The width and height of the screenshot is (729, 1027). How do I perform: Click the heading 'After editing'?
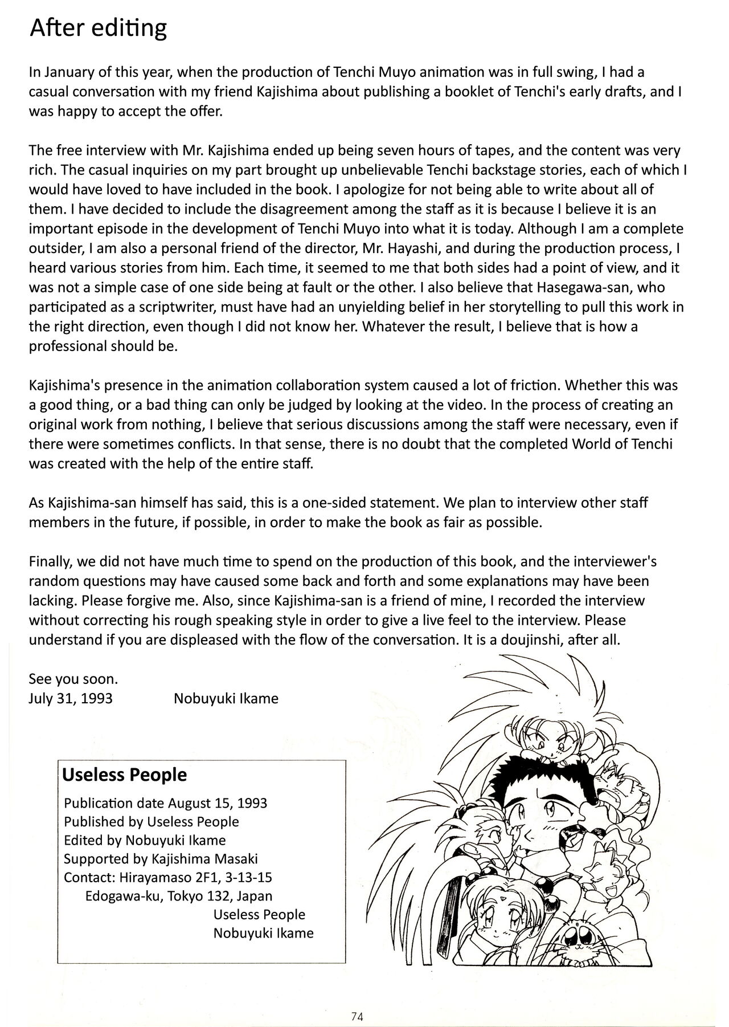coord(98,28)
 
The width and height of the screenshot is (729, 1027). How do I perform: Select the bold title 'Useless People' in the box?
coord(124,775)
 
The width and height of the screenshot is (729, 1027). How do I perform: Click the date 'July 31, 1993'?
coord(71,698)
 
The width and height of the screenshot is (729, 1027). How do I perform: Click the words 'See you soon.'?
coord(73,679)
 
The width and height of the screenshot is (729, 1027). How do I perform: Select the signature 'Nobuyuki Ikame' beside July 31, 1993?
coord(226,698)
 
